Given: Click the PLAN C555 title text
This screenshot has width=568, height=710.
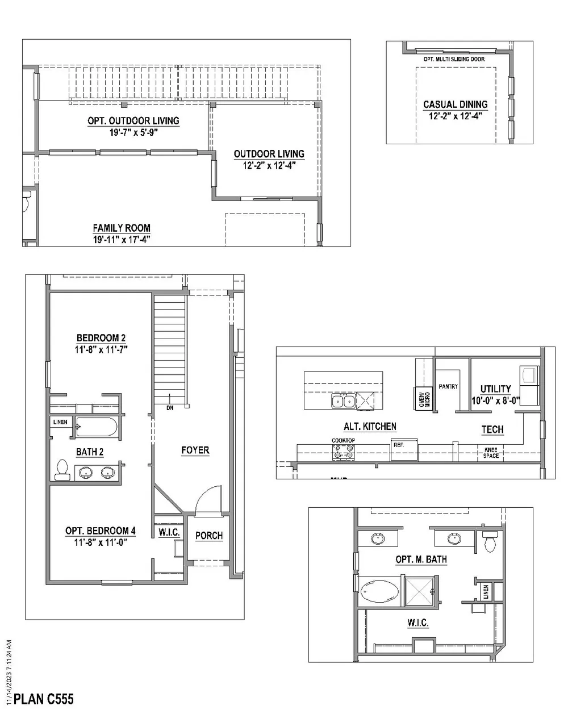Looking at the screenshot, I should (44, 698).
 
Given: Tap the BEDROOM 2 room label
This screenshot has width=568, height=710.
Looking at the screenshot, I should (101, 339).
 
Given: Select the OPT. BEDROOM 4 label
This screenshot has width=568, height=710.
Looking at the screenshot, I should (101, 531).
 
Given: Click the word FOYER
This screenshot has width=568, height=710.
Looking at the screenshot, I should (195, 450).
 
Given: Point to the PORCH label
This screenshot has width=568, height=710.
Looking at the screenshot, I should (208, 536).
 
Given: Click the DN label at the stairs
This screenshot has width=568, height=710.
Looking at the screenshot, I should (170, 408).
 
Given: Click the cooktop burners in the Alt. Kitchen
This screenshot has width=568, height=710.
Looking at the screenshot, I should (344, 452).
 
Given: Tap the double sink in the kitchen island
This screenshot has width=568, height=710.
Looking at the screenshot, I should (343, 402).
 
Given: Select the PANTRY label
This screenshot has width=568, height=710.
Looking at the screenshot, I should (448, 387).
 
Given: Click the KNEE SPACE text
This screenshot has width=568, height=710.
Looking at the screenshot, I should (490, 453).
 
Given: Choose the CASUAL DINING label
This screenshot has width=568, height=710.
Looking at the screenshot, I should (455, 105).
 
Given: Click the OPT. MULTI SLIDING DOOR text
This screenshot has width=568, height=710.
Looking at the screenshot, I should (454, 59).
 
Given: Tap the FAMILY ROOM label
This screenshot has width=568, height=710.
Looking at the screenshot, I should (122, 228).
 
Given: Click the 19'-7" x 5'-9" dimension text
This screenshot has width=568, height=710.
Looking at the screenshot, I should (133, 132).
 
